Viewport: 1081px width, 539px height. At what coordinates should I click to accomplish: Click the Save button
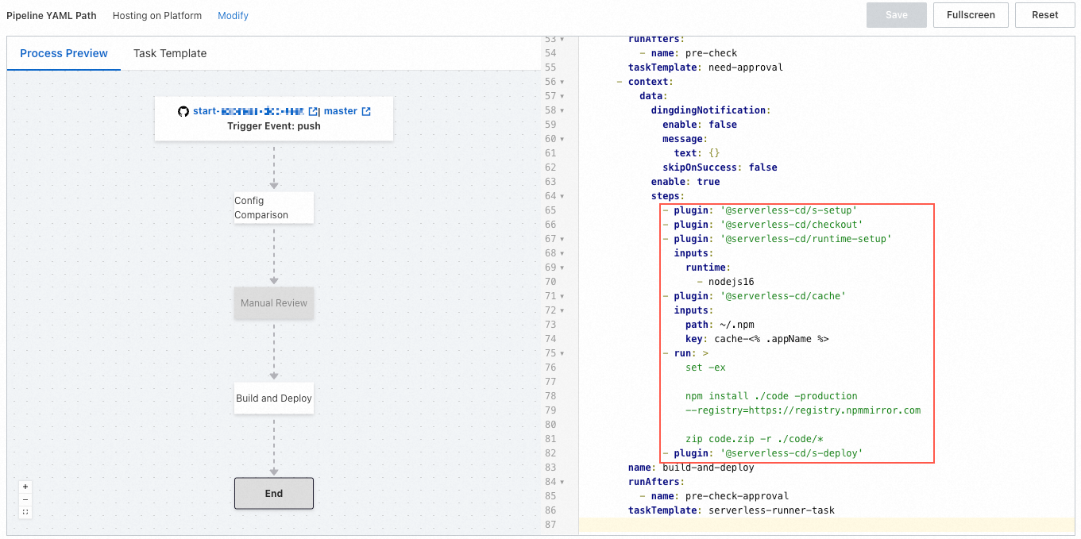896,15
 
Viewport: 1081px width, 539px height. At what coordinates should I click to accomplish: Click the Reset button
1044,15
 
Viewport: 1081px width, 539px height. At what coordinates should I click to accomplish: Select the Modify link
233,16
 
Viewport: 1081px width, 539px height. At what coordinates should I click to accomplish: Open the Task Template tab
170,53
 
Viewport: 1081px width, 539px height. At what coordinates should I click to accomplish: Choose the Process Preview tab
64,53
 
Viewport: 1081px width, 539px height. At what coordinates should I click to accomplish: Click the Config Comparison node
273,208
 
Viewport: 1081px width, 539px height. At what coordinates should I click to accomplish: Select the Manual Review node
273,303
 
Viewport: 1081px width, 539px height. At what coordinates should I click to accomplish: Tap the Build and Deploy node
273,398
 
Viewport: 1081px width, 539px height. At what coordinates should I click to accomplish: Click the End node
273,493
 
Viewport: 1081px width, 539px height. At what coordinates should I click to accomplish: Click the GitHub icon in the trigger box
183,111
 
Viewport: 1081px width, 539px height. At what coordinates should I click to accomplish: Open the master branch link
341,111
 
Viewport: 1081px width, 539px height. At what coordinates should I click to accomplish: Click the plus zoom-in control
25,487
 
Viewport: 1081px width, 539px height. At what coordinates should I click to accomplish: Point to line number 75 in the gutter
550,353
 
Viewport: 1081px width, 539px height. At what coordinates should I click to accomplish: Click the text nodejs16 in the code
731,282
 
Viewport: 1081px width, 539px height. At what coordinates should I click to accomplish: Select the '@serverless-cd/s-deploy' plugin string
791,453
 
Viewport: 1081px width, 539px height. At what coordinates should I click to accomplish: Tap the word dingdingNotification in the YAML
708,110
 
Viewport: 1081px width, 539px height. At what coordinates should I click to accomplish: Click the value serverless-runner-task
771,510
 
